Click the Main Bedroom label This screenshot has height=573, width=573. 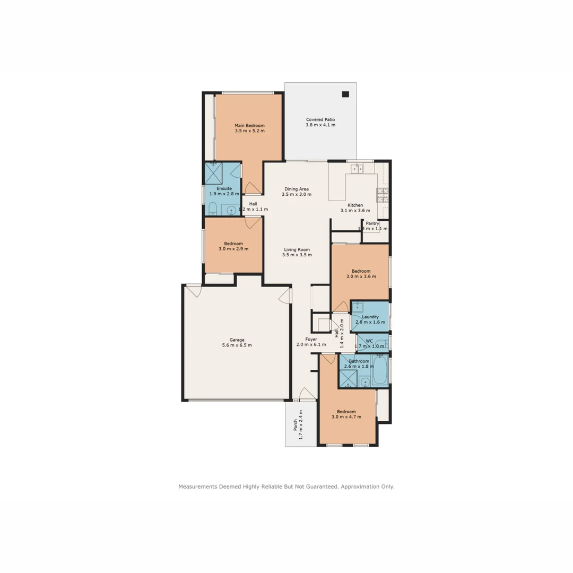click(x=249, y=126)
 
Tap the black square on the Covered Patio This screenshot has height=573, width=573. click(x=345, y=94)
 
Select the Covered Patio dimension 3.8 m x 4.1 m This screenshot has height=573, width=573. click(x=320, y=125)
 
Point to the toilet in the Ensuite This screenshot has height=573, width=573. click(x=212, y=209)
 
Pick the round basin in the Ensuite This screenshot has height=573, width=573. click(x=231, y=211)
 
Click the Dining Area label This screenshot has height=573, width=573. click(x=297, y=189)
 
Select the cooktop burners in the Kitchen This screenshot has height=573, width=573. click(x=383, y=195)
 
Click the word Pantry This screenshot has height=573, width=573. click(x=372, y=223)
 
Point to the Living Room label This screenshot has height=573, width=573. click(x=297, y=249)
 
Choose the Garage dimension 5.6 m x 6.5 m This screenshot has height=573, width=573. click(x=237, y=345)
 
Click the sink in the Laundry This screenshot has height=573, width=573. click(x=358, y=307)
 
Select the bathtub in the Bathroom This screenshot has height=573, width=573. click(x=380, y=370)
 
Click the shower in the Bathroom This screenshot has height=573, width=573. click(x=349, y=379)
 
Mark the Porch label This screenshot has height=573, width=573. click(x=296, y=425)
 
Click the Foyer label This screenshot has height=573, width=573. click(x=311, y=339)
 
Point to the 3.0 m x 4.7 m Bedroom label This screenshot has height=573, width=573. click(x=346, y=417)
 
